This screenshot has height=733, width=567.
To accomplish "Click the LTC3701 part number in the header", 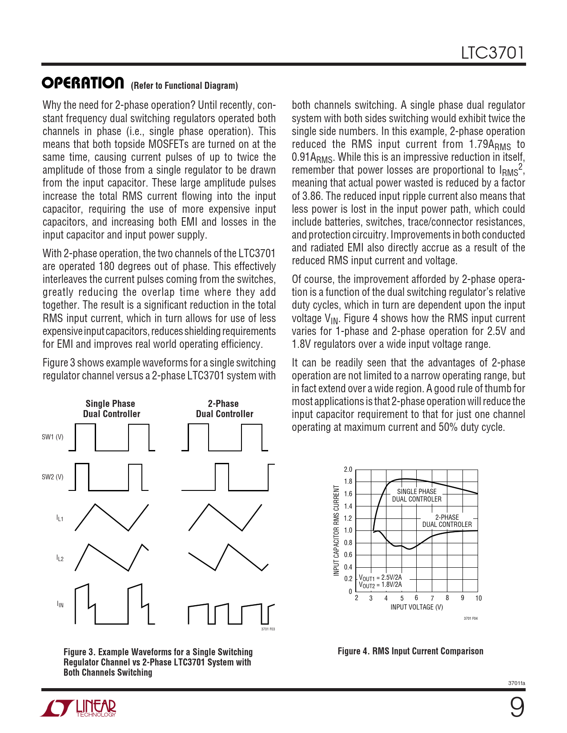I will [x=492, y=53].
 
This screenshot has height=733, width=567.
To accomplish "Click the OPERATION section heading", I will [x=83, y=83].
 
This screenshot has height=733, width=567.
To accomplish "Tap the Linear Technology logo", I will [x=79, y=708].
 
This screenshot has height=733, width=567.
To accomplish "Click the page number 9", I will [x=516, y=708].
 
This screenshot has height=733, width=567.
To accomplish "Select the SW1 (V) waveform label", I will [x=52, y=437].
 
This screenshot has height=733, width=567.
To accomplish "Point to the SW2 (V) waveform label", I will [x=52, y=477].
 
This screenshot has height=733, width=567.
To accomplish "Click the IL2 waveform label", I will [x=60, y=558].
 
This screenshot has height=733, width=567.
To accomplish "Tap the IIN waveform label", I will [x=60, y=604].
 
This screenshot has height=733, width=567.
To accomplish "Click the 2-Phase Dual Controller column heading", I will [x=224, y=409].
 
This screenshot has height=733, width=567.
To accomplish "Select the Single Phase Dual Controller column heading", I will [x=111, y=409].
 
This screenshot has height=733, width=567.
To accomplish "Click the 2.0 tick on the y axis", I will [x=348, y=470].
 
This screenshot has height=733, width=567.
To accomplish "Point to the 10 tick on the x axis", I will [x=479, y=598].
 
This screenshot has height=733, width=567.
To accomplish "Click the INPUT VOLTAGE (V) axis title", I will [x=417, y=607].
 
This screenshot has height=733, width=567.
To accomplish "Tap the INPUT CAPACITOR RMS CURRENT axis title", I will [x=337, y=531].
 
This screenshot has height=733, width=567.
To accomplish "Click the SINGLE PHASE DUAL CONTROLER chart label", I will [x=417, y=495].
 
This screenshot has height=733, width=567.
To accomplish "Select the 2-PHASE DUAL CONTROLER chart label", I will [x=447, y=521].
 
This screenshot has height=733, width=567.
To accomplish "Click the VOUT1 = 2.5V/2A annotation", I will [x=380, y=578].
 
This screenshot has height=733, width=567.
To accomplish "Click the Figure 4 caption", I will [x=410, y=651].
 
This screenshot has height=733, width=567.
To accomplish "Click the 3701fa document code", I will [x=516, y=683].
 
